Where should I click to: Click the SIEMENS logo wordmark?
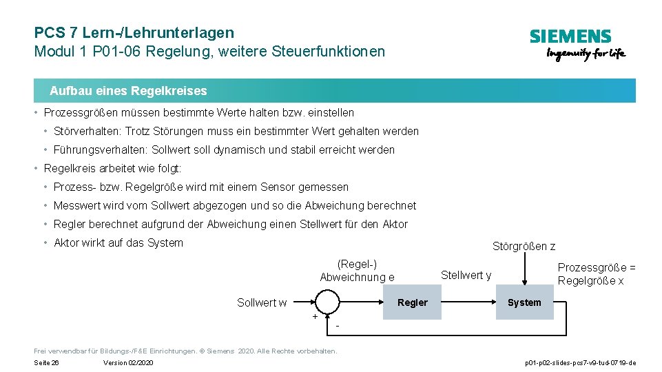(570, 37)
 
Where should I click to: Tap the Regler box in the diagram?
(412, 302)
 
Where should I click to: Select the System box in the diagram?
(524, 302)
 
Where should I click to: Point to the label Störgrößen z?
(524, 246)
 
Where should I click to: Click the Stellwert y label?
(466, 276)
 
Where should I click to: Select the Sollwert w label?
(262, 302)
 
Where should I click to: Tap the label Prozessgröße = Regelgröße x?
(597, 274)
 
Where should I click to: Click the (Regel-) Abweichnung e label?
(357, 270)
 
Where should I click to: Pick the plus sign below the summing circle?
(315, 317)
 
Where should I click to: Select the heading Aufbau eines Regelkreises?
(128, 91)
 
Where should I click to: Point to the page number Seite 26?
(46, 363)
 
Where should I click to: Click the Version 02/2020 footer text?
(128, 363)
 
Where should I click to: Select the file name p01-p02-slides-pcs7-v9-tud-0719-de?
(580, 363)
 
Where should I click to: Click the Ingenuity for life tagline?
(586, 54)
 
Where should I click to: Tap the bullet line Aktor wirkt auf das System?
(118, 242)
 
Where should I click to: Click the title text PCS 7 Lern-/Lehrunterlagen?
(134, 32)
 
